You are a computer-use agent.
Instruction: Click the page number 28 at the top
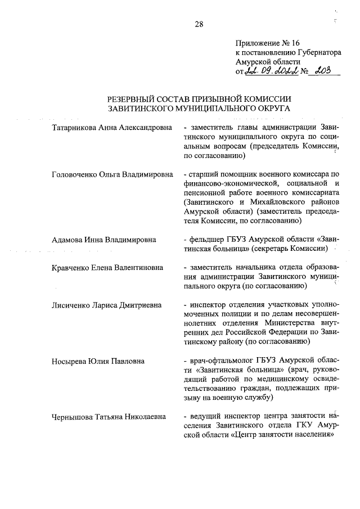point(199,24)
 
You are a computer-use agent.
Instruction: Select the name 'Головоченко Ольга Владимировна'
point(111,174)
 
